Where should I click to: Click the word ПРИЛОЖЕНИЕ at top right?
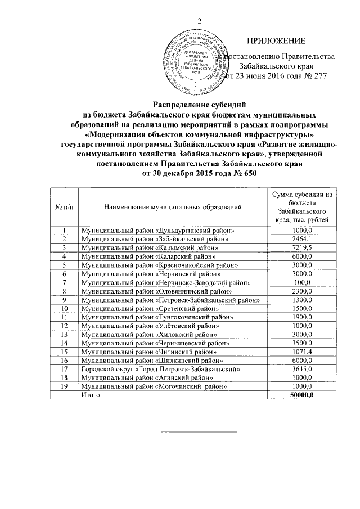coord(276,41)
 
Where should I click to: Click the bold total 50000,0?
coord(302,395)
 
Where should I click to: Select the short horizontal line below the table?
coord(199,433)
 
